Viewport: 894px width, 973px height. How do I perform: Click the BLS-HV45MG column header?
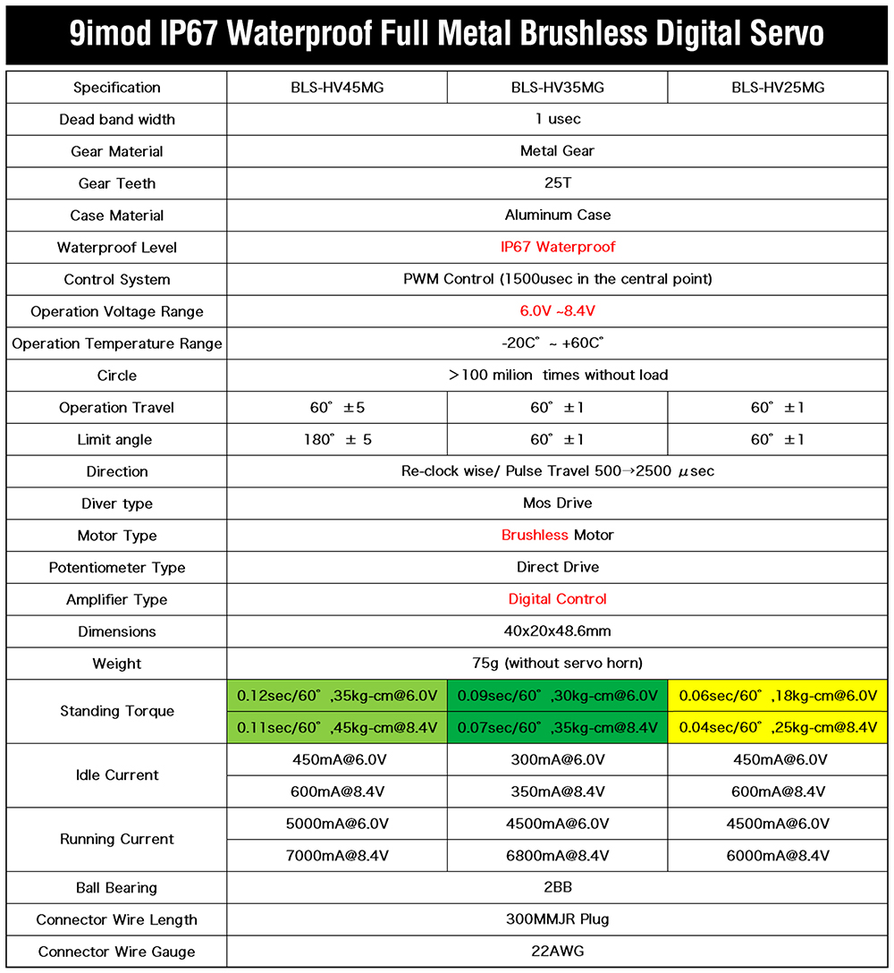pyautogui.click(x=336, y=88)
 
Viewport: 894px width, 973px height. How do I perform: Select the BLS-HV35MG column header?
pyautogui.click(x=557, y=88)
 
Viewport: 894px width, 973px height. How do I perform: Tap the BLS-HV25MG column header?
pyautogui.click(x=778, y=88)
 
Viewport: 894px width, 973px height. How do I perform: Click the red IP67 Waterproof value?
pyautogui.click(x=557, y=247)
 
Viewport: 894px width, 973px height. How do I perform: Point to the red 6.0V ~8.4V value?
pyautogui.click(x=557, y=311)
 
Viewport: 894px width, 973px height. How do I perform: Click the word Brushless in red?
pyautogui.click(x=535, y=535)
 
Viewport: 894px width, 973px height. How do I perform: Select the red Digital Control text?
pyautogui.click(x=557, y=599)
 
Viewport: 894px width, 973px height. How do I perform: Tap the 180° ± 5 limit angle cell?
pyautogui.click(x=336, y=439)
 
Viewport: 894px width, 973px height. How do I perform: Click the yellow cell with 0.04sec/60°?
pyautogui.click(x=778, y=727)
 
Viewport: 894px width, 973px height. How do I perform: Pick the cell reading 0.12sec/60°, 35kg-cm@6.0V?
pyautogui.click(x=336, y=696)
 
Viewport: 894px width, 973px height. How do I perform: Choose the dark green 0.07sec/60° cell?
pyautogui.click(x=557, y=727)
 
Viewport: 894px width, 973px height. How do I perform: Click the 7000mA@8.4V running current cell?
pyautogui.click(x=336, y=855)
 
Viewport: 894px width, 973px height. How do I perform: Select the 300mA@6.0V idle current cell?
pyautogui.click(x=557, y=759)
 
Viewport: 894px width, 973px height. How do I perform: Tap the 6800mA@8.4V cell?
pyautogui.click(x=557, y=855)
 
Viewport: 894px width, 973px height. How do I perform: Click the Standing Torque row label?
pyautogui.click(x=117, y=711)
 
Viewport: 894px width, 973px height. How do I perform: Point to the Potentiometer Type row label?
pyautogui.click(x=117, y=567)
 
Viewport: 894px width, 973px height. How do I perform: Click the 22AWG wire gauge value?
pyautogui.click(x=557, y=952)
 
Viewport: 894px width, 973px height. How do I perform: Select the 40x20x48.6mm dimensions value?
pyautogui.click(x=557, y=631)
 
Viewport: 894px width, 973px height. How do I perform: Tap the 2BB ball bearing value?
pyautogui.click(x=557, y=887)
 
